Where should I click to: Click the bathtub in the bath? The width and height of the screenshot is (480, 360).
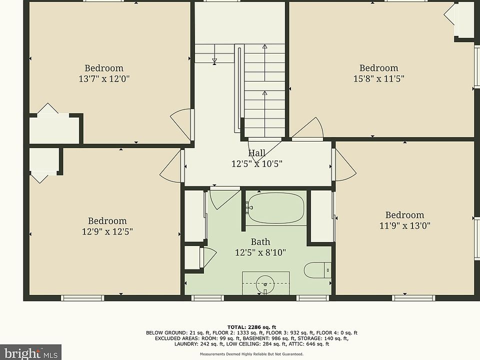pyautogui.click(x=275, y=208)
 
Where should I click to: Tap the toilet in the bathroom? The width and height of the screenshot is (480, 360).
pyautogui.click(x=317, y=270)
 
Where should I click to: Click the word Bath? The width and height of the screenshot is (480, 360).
pyautogui.click(x=260, y=242)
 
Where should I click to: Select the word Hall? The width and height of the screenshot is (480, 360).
pyautogui.click(x=256, y=153)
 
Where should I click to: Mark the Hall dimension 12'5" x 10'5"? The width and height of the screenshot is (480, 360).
pyautogui.click(x=256, y=164)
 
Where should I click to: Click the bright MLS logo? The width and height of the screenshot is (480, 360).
pyautogui.click(x=30, y=352)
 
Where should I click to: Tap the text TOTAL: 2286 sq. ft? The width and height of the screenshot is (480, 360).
pyautogui.click(x=251, y=327)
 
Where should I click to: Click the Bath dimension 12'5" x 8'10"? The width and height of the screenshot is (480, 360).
pyautogui.click(x=260, y=253)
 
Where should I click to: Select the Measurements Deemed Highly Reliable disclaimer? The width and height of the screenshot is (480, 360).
pyautogui.click(x=251, y=354)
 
